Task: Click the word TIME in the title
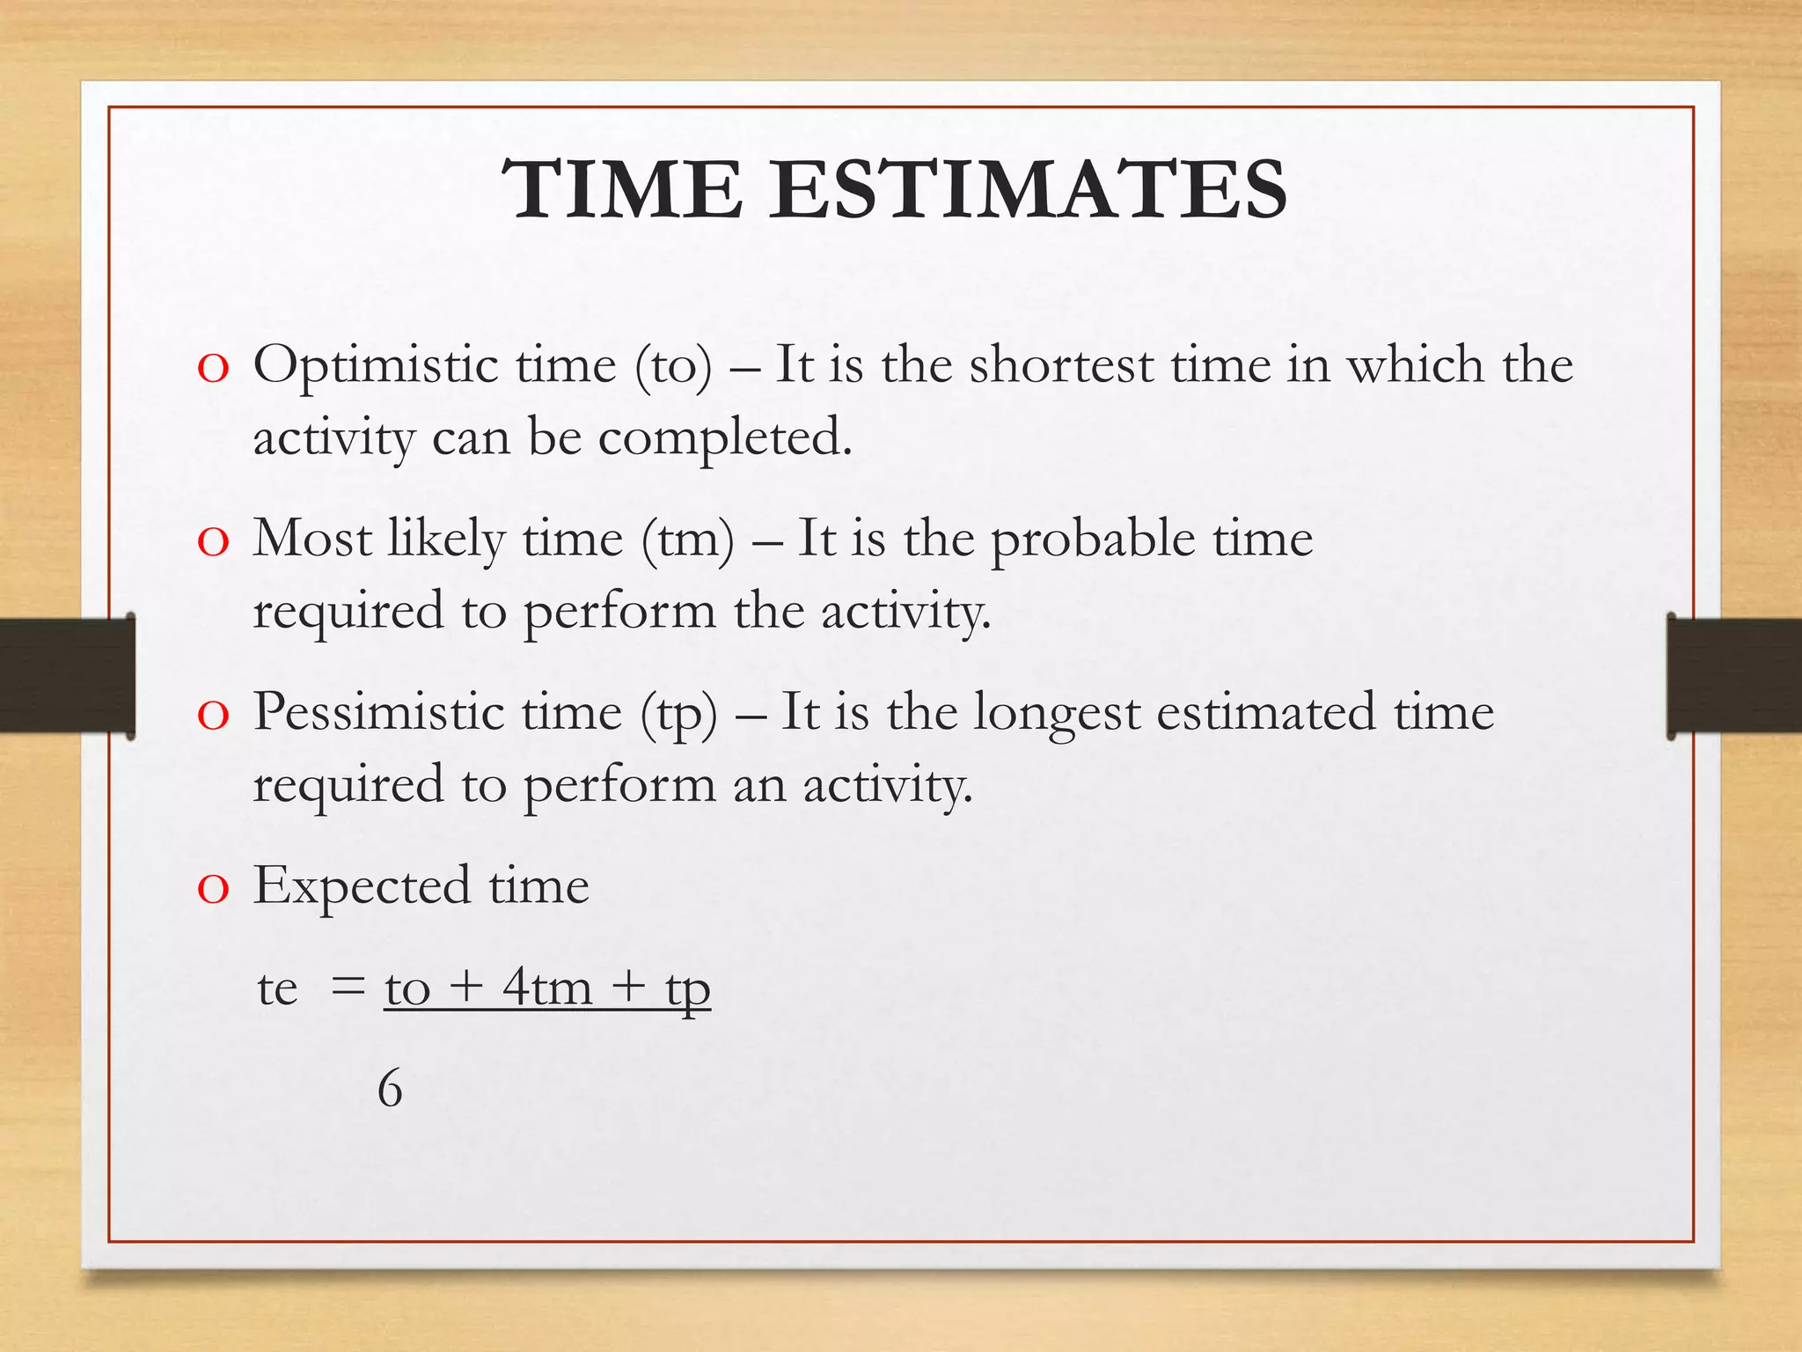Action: (623, 189)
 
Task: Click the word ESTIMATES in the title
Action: (1029, 189)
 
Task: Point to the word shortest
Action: (1061, 364)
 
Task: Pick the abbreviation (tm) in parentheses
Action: (687, 540)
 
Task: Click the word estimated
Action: (1265, 712)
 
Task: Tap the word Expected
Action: (362, 886)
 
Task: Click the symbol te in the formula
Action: (277, 988)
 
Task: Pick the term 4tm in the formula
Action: (547, 988)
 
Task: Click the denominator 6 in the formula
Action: (390, 1089)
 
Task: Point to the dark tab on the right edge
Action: (1734, 676)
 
